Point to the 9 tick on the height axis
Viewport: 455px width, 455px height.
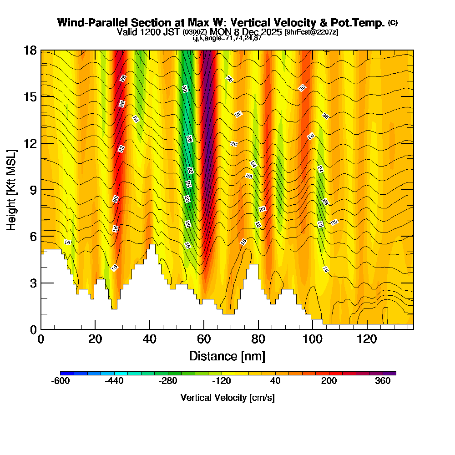(x=41, y=190)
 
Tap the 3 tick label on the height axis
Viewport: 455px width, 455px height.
(x=33, y=283)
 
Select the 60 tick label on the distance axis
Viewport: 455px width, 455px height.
(x=204, y=340)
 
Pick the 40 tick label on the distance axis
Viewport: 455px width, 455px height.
(x=149, y=340)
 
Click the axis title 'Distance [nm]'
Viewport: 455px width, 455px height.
(x=227, y=356)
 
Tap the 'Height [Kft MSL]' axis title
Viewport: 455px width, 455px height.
(x=12, y=190)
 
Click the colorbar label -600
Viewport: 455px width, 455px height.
(x=61, y=381)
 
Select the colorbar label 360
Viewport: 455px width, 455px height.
(x=383, y=381)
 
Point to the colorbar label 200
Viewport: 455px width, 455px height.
(x=329, y=381)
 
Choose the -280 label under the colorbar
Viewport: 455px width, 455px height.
(x=168, y=381)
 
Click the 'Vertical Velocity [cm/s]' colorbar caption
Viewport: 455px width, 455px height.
(x=227, y=398)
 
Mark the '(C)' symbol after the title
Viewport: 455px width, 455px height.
(x=393, y=23)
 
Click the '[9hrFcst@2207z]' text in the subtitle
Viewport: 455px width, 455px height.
(x=311, y=32)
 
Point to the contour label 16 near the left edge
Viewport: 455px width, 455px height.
(x=67, y=242)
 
